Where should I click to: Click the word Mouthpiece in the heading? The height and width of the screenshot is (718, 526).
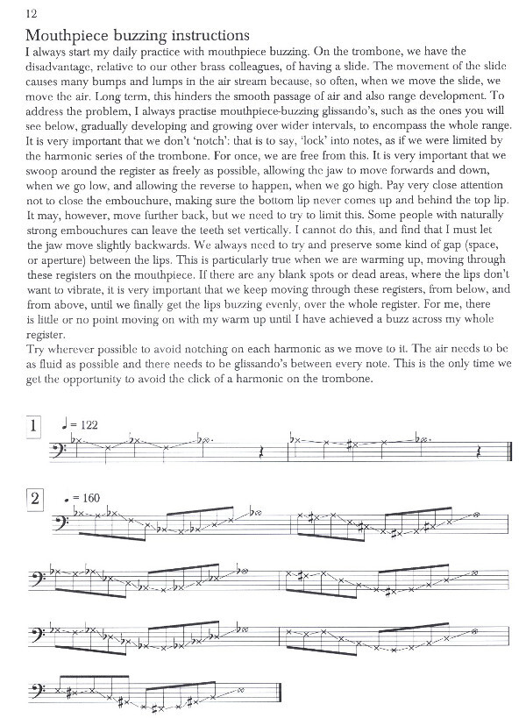point(69,36)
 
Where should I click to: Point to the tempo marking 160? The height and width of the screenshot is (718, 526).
point(89,498)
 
